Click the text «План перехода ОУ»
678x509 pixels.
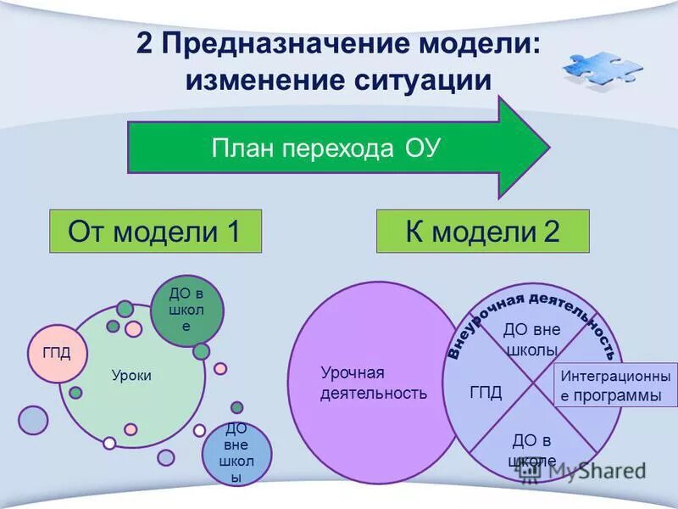point(325,148)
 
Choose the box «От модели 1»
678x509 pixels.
point(155,231)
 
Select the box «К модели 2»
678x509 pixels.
point(482,231)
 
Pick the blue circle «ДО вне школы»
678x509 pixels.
point(236,454)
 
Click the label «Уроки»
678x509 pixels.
point(131,375)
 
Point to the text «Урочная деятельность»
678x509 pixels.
point(374,383)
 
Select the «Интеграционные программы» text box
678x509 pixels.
point(615,386)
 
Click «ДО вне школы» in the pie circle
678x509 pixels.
point(531,339)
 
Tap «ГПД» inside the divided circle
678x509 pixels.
point(486,392)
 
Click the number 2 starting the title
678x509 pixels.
point(144,43)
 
